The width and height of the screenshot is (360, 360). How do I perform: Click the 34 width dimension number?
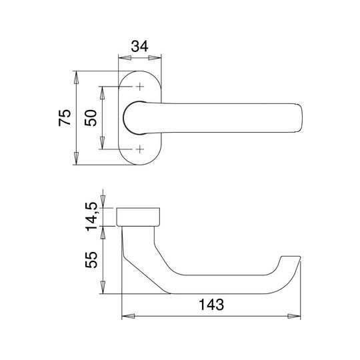139,46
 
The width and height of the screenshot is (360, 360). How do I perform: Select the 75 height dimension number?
65,117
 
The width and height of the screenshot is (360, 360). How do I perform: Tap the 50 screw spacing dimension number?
91,118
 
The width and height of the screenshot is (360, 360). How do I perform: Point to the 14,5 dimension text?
91,217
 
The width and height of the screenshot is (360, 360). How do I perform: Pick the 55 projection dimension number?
91,260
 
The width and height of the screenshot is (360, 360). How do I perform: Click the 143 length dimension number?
211,305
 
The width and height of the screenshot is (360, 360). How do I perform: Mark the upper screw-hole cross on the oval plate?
140,87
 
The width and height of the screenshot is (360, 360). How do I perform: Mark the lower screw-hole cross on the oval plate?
140,149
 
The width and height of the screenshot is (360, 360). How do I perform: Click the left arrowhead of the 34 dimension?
125,58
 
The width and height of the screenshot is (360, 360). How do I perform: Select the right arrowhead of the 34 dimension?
155,58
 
